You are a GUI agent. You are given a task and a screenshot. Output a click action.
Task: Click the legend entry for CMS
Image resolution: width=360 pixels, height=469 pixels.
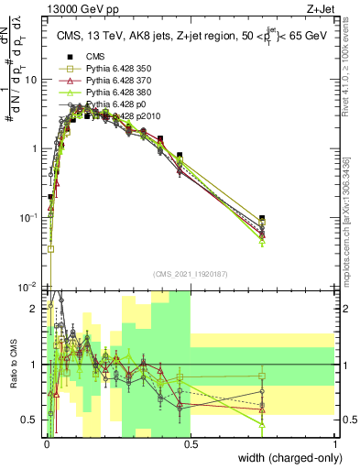coord(82,57)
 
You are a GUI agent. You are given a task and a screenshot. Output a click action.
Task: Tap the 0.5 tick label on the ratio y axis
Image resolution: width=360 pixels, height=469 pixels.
coord(30,420)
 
